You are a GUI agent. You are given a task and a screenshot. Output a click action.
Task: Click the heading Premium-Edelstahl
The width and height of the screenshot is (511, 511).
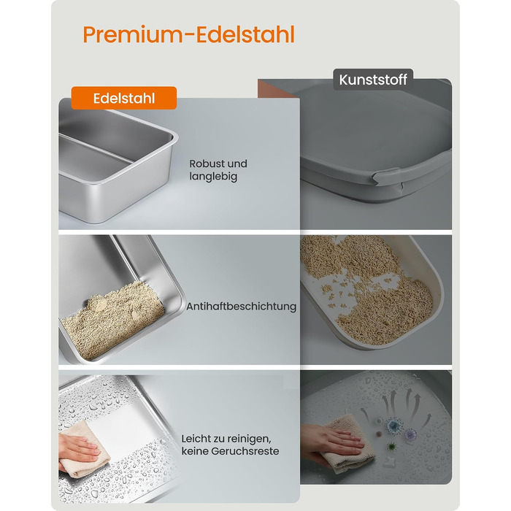coord(188,34)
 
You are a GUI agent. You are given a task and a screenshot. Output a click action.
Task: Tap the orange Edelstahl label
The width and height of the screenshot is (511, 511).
coord(124,98)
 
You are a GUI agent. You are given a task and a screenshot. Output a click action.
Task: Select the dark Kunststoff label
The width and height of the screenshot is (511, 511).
coord(373,80)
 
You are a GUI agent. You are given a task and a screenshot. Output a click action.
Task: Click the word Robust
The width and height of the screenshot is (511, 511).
coord(206,164)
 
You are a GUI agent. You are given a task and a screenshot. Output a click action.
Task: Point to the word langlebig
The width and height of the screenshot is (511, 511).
coord(213,177)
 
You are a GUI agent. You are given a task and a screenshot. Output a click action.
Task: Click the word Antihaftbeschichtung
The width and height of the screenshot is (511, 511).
coord(241,307)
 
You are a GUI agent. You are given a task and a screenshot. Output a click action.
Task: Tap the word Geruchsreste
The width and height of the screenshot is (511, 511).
coord(245,451)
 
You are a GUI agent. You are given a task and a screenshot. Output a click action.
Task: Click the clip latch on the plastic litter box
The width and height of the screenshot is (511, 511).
coord(387,178)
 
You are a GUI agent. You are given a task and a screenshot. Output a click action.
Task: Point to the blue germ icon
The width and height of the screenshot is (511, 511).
coord(394,426)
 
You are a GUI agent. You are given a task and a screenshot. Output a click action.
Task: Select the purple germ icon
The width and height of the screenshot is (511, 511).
coord(410,434)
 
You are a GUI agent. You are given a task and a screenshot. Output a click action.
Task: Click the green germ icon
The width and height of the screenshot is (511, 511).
coord(392,446)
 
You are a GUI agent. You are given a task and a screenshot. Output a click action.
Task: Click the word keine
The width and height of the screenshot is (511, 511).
coord(195,451)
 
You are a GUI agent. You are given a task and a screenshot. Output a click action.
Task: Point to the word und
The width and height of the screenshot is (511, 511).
coord(237,164)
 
